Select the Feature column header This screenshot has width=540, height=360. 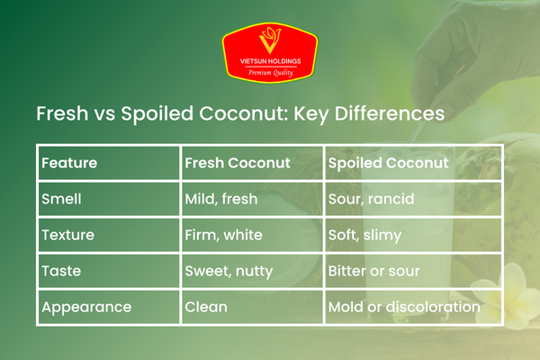tap(69, 164)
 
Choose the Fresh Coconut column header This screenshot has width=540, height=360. tap(237, 164)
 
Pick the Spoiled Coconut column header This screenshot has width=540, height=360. tap(388, 164)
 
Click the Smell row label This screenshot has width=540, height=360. tap(63, 198)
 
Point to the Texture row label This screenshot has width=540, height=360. tap(68, 235)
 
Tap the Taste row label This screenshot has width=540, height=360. tap(62, 271)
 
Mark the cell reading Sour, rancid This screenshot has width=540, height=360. tap(372, 198)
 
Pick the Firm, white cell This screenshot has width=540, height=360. tap(224, 235)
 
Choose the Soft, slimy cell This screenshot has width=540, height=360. tap(365, 235)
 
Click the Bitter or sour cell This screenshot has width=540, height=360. tap(373, 271)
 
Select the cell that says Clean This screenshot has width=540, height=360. tap(206, 307)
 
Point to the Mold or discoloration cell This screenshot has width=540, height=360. tap(402, 307)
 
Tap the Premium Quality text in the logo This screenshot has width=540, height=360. tap(269, 72)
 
